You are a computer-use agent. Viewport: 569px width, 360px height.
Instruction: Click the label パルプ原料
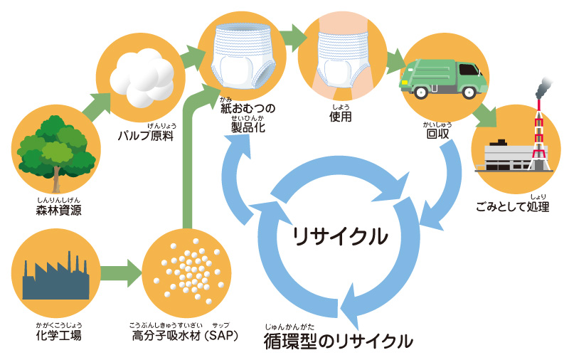(147, 136)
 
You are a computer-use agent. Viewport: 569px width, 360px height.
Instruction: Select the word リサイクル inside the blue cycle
(341, 235)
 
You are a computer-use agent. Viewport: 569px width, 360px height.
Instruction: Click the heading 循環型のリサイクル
(337, 340)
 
